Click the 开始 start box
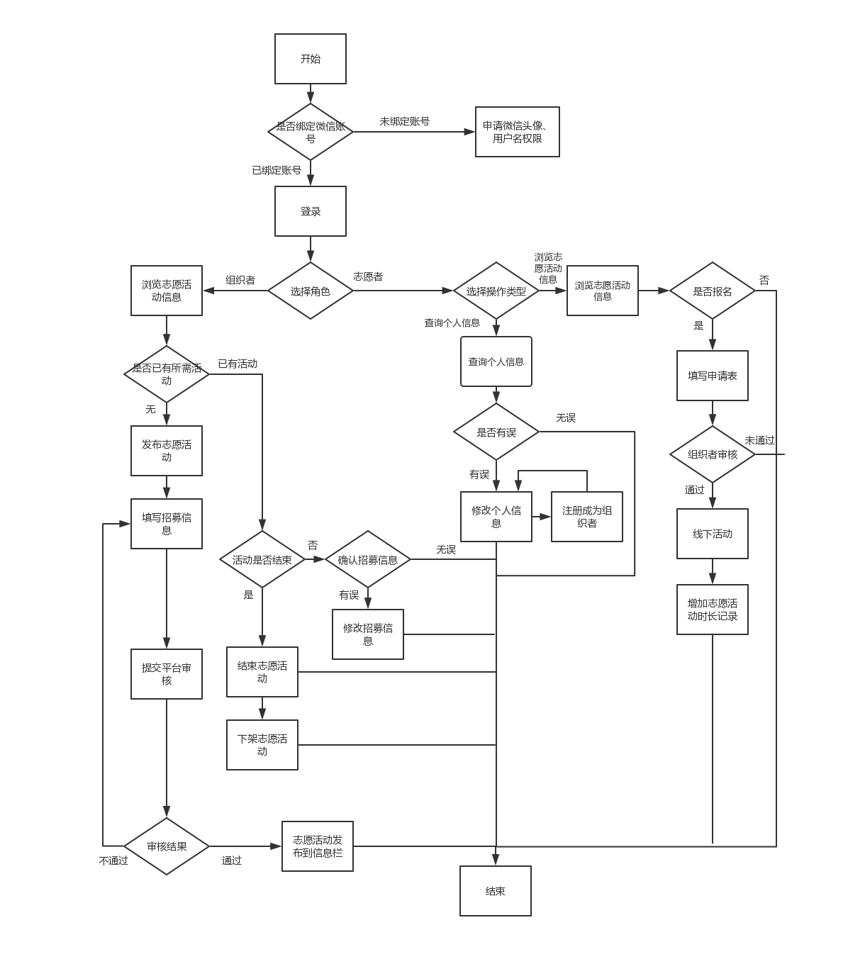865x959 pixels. (x=311, y=59)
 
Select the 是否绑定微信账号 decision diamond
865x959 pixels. (x=311, y=132)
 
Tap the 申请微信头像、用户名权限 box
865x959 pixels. (x=518, y=132)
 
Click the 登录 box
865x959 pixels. (x=311, y=211)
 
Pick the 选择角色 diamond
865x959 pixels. (x=311, y=291)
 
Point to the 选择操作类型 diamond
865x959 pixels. (x=496, y=291)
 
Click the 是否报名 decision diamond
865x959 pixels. (x=713, y=291)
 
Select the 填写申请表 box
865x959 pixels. (x=713, y=376)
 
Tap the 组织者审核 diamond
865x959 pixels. (x=713, y=454)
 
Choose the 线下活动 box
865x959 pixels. (x=713, y=534)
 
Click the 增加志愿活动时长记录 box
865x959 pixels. (x=713, y=610)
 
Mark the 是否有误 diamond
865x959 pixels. (x=496, y=432)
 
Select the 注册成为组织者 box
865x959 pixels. (x=587, y=517)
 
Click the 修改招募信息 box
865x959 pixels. (x=368, y=634)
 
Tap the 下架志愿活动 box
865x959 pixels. (x=262, y=745)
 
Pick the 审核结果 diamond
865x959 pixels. (x=167, y=846)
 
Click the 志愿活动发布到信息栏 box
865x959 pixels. (x=318, y=846)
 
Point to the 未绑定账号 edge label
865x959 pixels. (x=404, y=121)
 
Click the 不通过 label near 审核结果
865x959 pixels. (x=113, y=860)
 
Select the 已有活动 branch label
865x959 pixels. (x=238, y=364)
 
